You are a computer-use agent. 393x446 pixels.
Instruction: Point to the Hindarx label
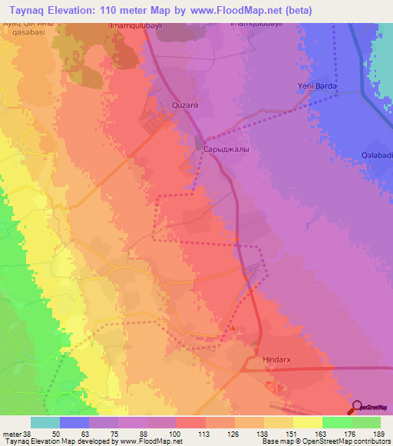point(277,358)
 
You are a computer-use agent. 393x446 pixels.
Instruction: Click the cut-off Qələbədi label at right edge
point(377,155)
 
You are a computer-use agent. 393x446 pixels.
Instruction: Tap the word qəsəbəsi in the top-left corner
point(21,34)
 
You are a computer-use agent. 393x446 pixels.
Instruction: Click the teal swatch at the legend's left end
point(45,422)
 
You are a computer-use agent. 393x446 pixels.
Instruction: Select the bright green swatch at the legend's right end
point(366,422)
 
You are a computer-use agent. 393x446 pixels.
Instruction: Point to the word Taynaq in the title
point(28,11)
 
